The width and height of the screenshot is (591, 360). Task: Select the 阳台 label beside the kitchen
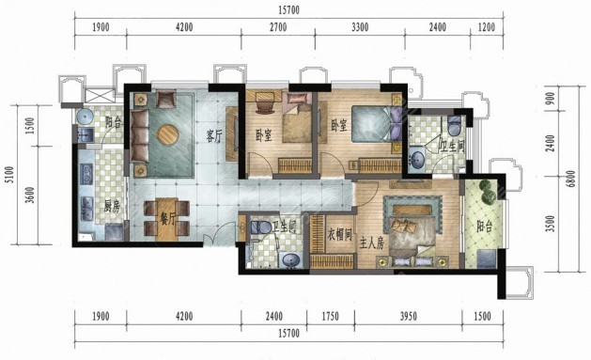114,122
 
